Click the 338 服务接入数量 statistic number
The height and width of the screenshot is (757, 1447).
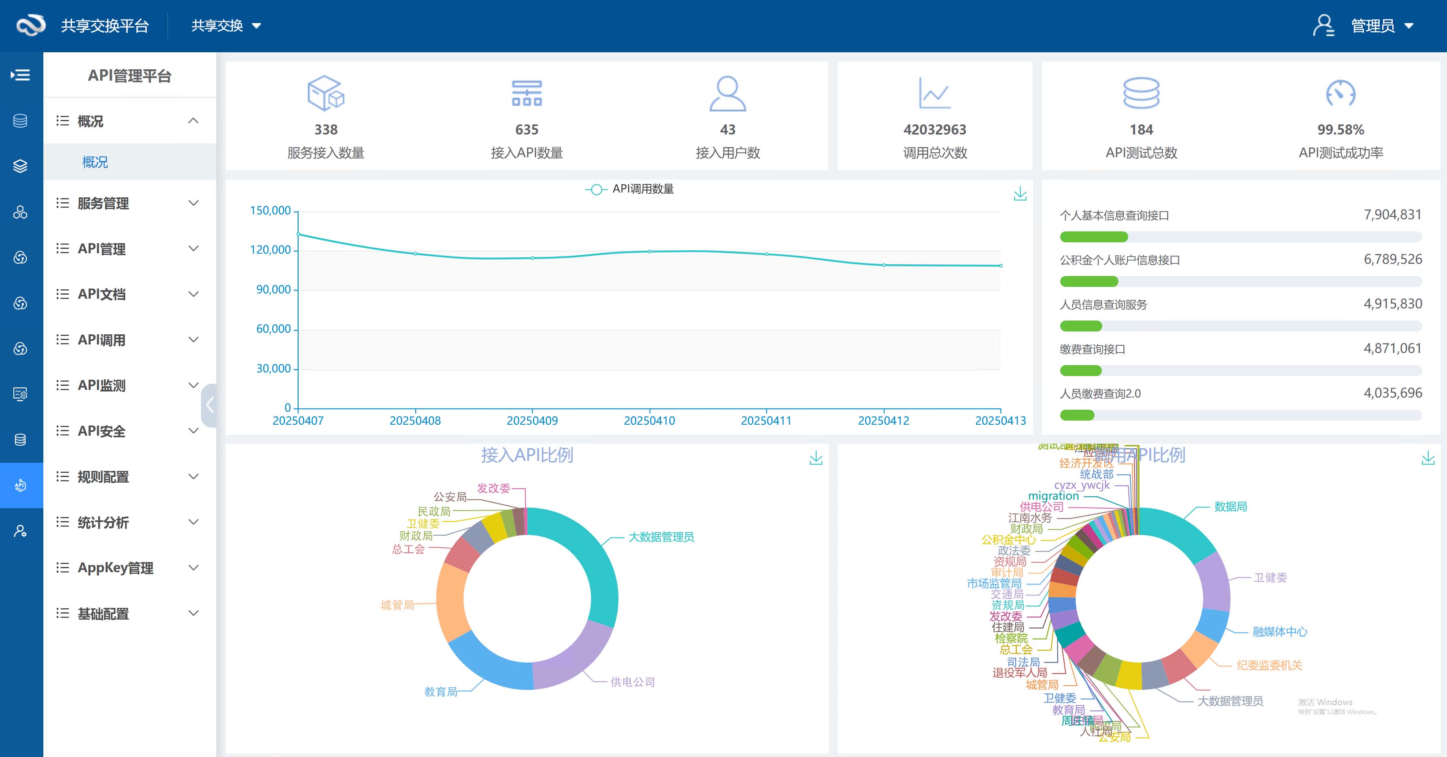(x=326, y=130)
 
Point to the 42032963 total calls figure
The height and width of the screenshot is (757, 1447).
(x=935, y=130)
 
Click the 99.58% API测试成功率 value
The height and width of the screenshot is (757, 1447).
(x=1340, y=130)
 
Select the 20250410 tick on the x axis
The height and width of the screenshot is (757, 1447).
(x=649, y=420)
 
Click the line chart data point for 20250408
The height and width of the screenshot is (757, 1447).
(x=416, y=254)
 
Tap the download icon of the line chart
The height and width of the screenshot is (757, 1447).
(x=1020, y=195)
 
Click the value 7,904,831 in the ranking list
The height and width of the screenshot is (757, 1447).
(x=1392, y=215)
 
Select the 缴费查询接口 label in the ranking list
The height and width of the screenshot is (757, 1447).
(x=1092, y=349)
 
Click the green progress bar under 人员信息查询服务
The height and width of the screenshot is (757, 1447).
(x=1081, y=326)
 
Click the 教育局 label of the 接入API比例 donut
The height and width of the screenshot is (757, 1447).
(x=440, y=692)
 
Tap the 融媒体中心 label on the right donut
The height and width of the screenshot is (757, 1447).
(x=1280, y=632)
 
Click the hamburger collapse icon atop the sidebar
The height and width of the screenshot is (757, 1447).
(x=21, y=75)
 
